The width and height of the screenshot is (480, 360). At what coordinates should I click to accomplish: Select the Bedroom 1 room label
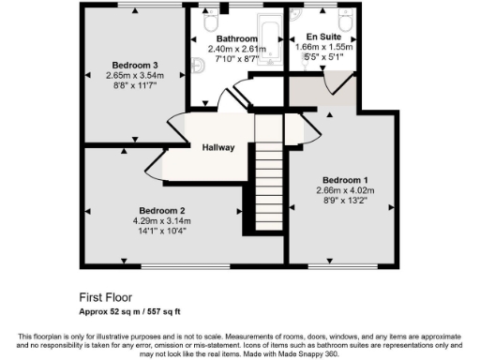[345, 179]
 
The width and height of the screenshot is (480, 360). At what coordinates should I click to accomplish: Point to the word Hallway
[218, 147]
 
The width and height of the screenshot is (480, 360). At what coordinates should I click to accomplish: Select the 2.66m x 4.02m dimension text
[345, 189]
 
